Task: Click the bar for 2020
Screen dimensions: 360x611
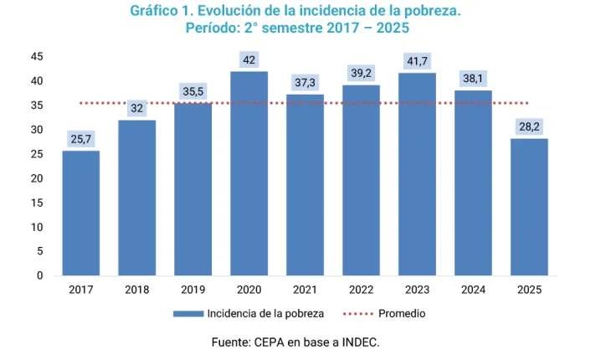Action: click(x=249, y=173)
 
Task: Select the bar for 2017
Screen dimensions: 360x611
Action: click(x=81, y=213)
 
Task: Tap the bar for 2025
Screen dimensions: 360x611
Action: click(x=530, y=207)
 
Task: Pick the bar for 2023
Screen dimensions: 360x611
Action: click(x=418, y=174)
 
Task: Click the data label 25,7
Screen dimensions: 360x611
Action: click(x=81, y=139)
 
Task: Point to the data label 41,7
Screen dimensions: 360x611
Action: click(x=418, y=61)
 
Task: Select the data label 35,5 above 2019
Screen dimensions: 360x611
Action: click(x=193, y=91)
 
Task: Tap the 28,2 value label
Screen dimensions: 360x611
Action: click(x=530, y=126)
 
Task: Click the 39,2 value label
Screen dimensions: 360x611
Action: click(x=362, y=74)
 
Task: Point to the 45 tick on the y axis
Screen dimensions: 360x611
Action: click(x=38, y=56)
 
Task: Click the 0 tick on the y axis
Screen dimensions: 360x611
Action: click(x=40, y=275)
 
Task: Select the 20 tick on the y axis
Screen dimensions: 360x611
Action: click(x=38, y=178)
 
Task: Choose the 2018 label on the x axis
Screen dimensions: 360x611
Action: click(x=137, y=290)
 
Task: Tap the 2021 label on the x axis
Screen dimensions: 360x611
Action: click(x=305, y=290)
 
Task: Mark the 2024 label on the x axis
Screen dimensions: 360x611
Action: click(x=474, y=290)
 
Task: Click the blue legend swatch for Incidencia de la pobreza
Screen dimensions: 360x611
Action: click(x=187, y=314)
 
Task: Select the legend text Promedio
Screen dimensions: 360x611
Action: click(x=402, y=314)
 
